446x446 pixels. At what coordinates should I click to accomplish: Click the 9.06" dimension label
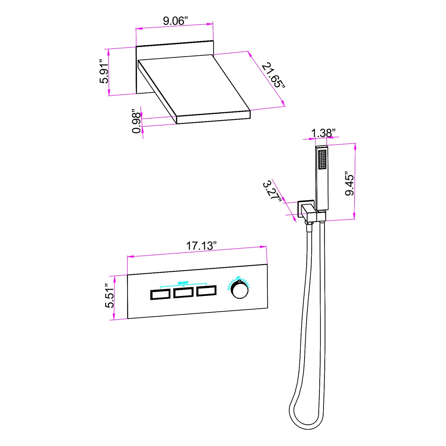point(175,21)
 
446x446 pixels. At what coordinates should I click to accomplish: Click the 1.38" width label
point(323,133)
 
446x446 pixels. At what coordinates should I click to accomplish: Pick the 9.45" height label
point(349,184)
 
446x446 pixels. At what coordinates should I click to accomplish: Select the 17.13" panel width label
point(201,246)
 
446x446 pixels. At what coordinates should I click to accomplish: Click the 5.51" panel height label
point(110,296)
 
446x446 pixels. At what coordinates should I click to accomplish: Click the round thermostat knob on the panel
point(240,290)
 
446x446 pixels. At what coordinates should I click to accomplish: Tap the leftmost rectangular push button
point(160,294)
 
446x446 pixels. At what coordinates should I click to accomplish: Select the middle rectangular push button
point(183,293)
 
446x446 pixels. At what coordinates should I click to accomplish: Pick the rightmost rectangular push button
point(206,291)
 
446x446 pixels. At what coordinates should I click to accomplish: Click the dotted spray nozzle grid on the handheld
point(323,159)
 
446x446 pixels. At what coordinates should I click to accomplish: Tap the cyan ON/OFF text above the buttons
point(183,283)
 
